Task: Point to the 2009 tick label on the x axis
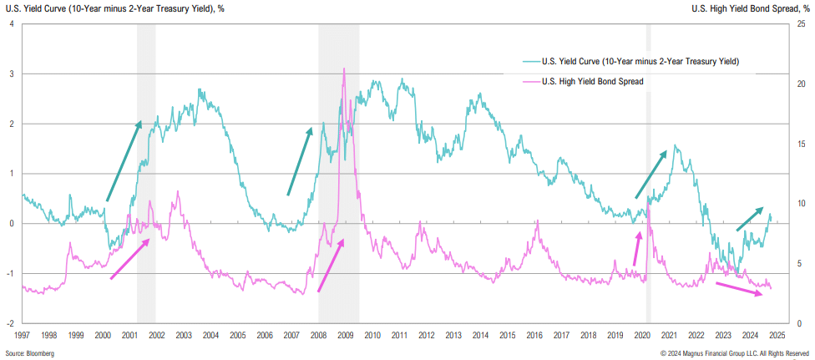[x=345, y=334]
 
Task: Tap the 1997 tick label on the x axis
[x=22, y=334]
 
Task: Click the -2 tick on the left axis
[x=9, y=323]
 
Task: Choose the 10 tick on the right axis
[x=800, y=204]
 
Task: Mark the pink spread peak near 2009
[x=344, y=69]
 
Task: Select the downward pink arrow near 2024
[x=743, y=287]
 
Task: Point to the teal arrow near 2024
[x=748, y=219]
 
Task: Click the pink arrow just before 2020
[x=637, y=248]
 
